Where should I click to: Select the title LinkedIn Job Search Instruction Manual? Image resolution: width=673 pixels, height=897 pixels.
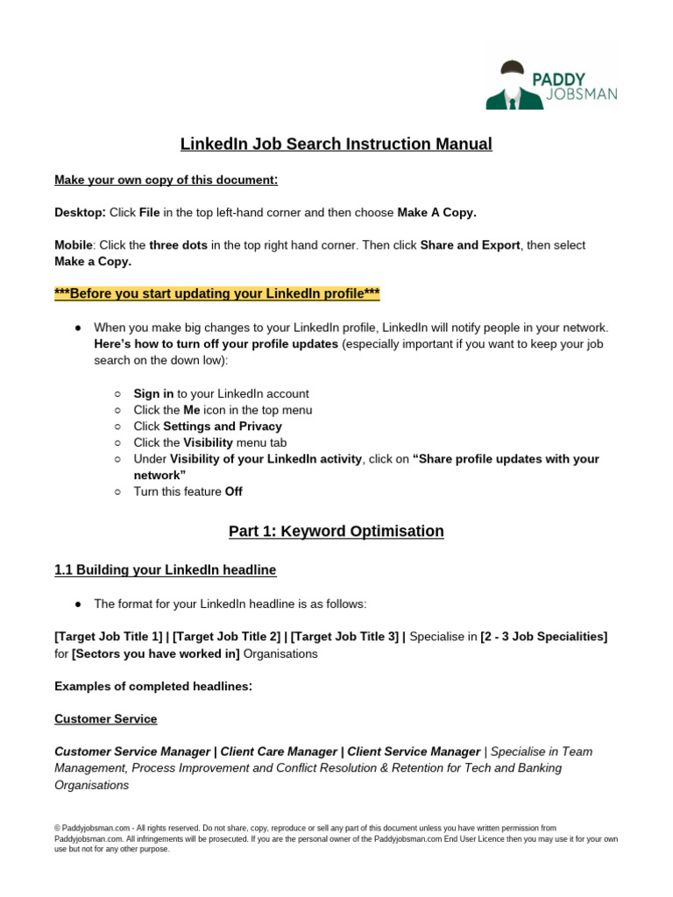336,144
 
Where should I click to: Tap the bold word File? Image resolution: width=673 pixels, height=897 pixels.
150,213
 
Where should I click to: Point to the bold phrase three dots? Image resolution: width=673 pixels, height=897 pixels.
179,245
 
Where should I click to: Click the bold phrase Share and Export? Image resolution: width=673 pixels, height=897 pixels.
470,245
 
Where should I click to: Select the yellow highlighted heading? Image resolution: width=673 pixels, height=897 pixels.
217,293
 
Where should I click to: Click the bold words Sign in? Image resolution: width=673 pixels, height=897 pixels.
153,394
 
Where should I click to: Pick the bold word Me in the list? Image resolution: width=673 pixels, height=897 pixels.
192,410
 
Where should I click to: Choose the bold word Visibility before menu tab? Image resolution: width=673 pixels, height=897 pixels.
208,442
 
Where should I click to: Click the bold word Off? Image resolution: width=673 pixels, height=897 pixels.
233,491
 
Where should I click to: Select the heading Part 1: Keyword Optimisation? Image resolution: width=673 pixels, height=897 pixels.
336,531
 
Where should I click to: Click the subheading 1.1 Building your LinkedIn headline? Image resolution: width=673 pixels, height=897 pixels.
165,570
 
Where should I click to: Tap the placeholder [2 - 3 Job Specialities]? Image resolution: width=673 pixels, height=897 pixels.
544,636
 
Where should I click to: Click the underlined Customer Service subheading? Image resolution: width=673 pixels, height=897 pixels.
106,719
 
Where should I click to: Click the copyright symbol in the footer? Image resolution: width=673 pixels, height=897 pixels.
57,828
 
